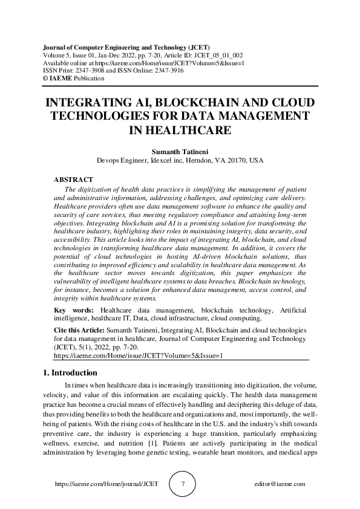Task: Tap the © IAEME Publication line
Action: [x=66, y=78]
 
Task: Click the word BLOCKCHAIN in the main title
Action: [x=181, y=102]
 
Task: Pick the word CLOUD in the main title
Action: [x=286, y=102]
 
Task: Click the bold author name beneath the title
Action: [x=180, y=151]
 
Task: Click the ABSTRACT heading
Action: [x=73, y=180]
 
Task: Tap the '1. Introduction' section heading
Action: [x=70, y=372]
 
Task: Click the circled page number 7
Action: [x=183, y=484]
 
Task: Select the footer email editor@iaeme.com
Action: [x=280, y=484]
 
